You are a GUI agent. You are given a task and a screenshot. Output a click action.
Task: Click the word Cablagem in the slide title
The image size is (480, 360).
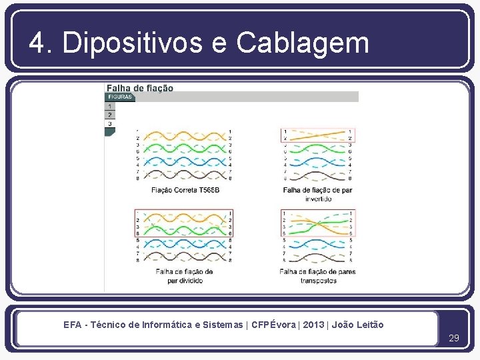[x=302, y=43]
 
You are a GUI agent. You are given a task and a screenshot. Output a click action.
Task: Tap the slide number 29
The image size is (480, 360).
[x=454, y=338]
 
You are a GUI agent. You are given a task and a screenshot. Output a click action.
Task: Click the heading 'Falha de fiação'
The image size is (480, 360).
[x=140, y=87]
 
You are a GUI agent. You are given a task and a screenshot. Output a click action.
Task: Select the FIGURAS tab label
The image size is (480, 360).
[x=119, y=97]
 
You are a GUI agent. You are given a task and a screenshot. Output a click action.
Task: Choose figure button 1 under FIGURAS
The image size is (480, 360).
[x=109, y=106]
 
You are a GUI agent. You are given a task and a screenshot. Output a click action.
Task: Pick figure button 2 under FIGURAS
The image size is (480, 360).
[x=109, y=115]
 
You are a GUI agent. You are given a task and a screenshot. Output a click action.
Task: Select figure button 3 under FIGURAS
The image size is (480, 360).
[x=109, y=123]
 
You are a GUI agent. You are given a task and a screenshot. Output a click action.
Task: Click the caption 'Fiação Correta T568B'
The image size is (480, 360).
[x=185, y=190]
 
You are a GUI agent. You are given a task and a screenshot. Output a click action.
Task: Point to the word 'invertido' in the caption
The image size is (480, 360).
[x=318, y=199]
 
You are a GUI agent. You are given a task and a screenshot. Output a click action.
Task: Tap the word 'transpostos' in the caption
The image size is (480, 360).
[x=318, y=281]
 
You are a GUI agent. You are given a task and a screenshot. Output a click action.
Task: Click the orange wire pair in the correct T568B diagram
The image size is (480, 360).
[x=183, y=135]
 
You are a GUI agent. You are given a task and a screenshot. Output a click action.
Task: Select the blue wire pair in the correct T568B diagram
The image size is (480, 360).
[x=183, y=162]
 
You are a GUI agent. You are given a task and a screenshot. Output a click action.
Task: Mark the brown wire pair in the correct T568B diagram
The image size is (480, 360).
[x=183, y=175]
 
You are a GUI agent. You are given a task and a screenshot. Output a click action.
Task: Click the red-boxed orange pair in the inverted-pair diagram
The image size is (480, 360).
[x=317, y=135]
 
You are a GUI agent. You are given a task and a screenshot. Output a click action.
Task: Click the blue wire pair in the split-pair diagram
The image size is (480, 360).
[x=183, y=244]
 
